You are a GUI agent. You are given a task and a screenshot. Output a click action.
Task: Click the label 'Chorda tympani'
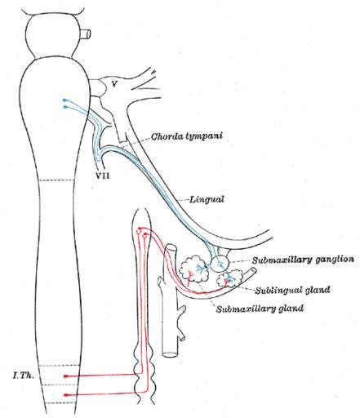(x=186, y=136)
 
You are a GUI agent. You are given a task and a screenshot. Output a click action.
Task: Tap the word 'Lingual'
(x=207, y=199)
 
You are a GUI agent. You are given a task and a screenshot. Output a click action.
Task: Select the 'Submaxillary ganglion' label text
(x=303, y=260)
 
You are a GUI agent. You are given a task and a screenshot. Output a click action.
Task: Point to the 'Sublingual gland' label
(x=292, y=290)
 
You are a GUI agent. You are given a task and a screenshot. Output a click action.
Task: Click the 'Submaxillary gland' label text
(x=260, y=309)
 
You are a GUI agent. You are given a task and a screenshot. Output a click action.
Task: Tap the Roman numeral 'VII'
(x=103, y=176)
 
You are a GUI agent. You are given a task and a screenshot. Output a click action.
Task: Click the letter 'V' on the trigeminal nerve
(x=114, y=84)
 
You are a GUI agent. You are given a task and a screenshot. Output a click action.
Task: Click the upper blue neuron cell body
(x=64, y=100)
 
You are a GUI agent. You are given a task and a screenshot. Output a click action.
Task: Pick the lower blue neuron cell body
(x=64, y=107)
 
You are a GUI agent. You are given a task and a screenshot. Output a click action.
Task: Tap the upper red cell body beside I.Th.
(x=65, y=376)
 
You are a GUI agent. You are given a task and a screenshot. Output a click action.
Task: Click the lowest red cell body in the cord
(x=65, y=394)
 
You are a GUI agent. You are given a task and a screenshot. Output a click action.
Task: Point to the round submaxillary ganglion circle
(x=220, y=264)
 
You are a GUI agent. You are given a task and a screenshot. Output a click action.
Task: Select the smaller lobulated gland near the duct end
(x=229, y=278)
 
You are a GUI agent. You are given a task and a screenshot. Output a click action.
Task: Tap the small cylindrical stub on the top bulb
(x=87, y=34)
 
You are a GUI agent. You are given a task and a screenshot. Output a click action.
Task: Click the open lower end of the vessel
(x=170, y=354)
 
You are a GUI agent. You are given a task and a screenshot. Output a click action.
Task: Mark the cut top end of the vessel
(x=171, y=247)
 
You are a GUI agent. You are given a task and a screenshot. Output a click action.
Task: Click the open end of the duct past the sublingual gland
(x=254, y=271)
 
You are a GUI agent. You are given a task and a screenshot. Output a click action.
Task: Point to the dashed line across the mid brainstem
(x=57, y=180)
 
